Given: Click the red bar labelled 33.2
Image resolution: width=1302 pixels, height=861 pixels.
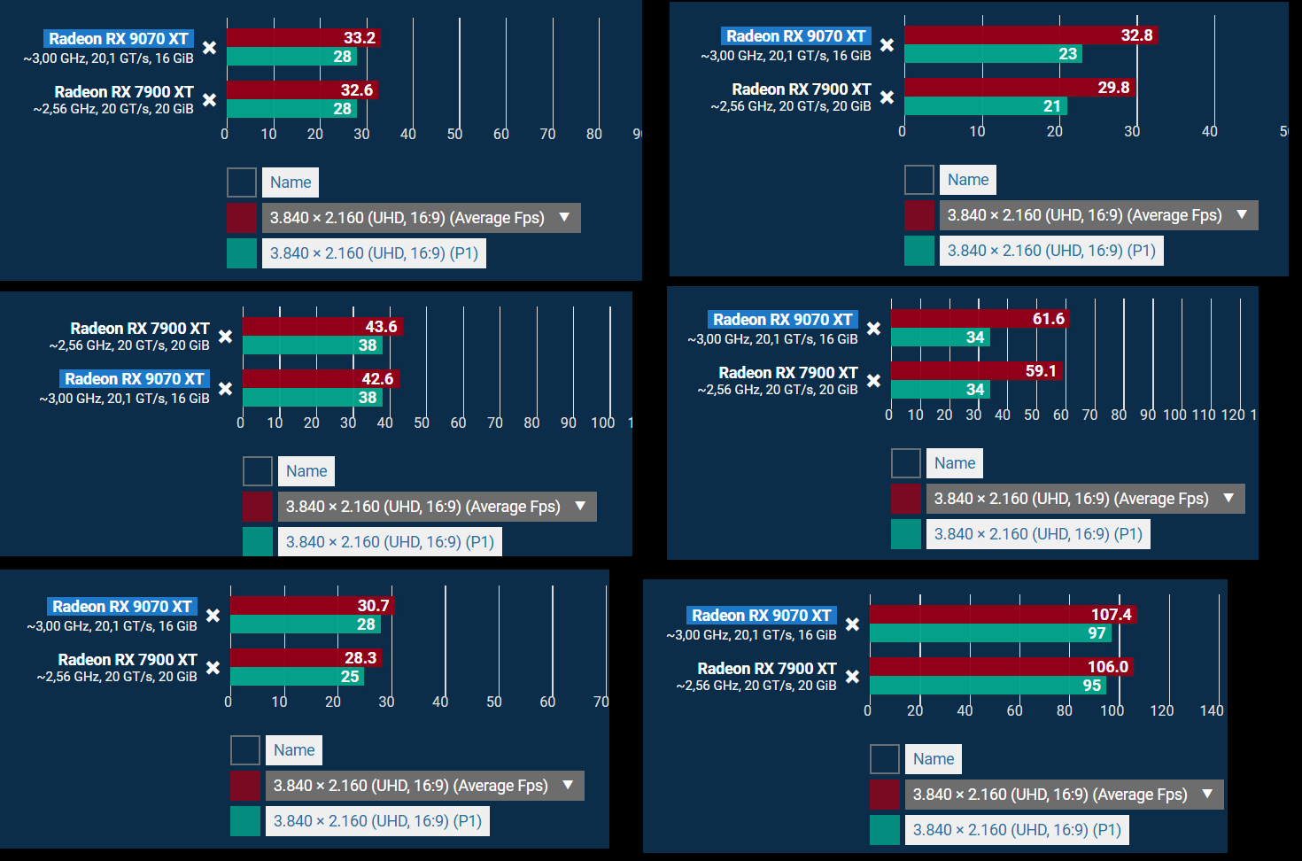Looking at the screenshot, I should (x=303, y=37).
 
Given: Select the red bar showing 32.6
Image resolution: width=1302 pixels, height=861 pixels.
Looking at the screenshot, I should (x=302, y=89).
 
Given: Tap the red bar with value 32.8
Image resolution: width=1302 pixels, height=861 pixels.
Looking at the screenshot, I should (x=1031, y=35).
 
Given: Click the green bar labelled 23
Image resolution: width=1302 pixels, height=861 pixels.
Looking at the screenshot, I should (x=993, y=54).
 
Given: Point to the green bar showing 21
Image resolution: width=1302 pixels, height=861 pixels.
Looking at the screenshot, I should (x=985, y=106).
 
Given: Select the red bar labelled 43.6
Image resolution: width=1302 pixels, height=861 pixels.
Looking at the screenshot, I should (x=322, y=326).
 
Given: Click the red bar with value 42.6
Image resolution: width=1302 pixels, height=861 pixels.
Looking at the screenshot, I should (x=321, y=378).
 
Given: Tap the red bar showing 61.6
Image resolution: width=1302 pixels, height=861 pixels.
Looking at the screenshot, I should (x=980, y=318).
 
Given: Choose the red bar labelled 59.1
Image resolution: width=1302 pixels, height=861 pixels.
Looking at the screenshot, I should (x=976, y=370).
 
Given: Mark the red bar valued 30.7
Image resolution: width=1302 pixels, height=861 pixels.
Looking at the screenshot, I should (x=312, y=605).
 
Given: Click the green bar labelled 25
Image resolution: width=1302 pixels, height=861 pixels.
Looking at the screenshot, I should (x=297, y=677).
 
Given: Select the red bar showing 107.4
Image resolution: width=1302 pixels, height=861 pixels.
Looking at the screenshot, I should (x=1003, y=614).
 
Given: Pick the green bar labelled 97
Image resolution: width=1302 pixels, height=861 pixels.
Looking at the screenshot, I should (x=990, y=633).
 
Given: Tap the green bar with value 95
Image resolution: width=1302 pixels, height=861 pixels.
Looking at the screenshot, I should (x=988, y=686).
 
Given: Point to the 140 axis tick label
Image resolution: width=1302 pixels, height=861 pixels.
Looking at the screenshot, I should (x=1212, y=710).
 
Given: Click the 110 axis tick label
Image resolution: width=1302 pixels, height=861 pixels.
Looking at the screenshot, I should (x=1204, y=415).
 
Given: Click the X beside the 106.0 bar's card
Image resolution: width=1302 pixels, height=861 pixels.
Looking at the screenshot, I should (x=852, y=677).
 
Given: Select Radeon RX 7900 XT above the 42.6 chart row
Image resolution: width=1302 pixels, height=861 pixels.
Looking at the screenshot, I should (x=140, y=328).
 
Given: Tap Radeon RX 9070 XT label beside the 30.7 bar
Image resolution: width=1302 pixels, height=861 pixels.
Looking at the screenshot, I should (x=122, y=606).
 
